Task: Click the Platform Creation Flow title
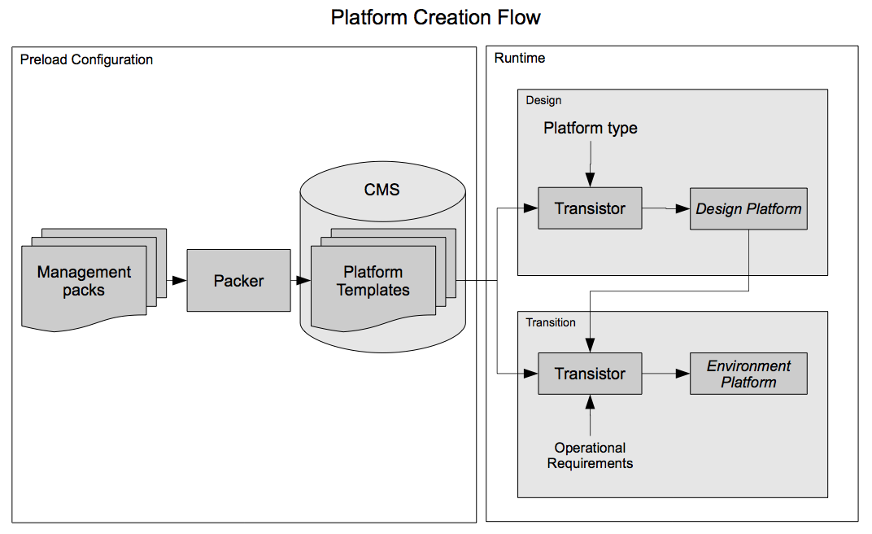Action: click(435, 17)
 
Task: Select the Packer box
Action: click(238, 281)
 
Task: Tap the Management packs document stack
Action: click(85, 282)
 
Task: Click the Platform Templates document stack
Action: click(373, 282)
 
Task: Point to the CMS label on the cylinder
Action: click(381, 189)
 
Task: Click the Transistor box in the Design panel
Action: click(590, 208)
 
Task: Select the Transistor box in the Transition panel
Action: click(590, 374)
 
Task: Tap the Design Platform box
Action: click(748, 209)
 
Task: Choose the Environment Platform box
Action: click(748, 374)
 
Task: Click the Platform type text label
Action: click(591, 128)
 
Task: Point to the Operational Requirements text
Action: click(590, 455)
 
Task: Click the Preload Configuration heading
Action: click(86, 59)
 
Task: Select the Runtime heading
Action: click(520, 59)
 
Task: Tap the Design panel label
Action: click(543, 100)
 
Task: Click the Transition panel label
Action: click(551, 322)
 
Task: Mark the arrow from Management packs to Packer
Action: click(177, 281)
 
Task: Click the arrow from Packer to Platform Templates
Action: click(300, 281)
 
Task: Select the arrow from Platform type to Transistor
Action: click(591, 163)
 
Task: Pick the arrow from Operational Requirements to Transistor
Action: click(591, 415)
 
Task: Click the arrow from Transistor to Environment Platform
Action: click(665, 374)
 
